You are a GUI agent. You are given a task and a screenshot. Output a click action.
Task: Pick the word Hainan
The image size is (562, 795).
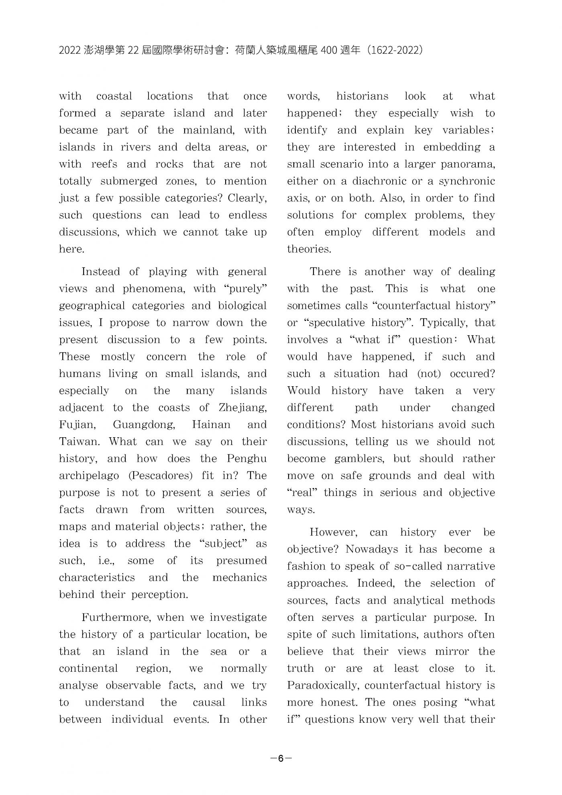tap(211, 425)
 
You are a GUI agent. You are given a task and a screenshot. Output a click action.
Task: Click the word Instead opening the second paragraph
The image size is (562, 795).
tap(100, 272)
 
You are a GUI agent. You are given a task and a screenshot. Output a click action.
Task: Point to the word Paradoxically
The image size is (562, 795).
tap(323, 685)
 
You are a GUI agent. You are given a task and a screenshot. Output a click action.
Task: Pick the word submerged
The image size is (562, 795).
tap(129, 181)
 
